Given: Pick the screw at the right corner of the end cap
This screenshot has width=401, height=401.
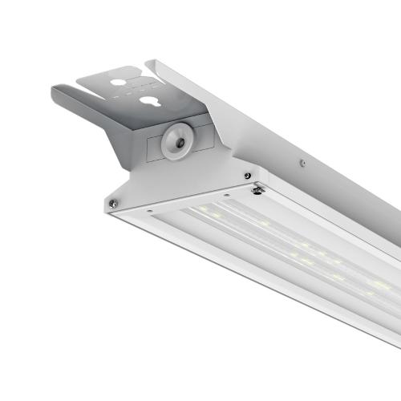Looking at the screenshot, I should pyautogui.click(x=248, y=175).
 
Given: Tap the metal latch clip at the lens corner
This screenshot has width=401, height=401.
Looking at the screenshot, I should pyautogui.click(x=259, y=189).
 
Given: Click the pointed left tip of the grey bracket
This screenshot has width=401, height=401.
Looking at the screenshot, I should pyautogui.click(x=55, y=88).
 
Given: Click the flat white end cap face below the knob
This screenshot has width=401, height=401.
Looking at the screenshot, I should pyautogui.click(x=176, y=180).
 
